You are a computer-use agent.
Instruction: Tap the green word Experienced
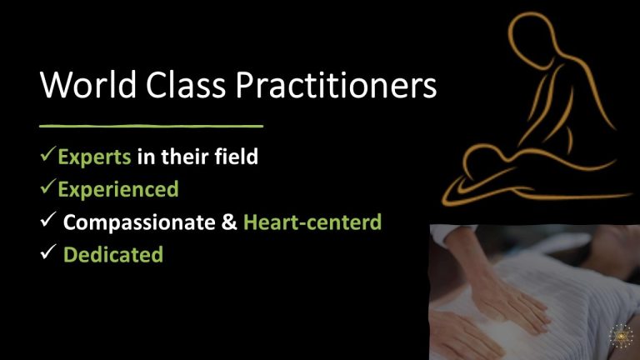117,189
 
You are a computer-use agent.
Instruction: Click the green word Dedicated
113,255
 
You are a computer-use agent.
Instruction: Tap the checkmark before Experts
49,155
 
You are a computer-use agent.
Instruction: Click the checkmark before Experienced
49,188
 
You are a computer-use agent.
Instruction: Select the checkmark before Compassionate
47,222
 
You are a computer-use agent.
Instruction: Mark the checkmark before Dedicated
47,254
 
